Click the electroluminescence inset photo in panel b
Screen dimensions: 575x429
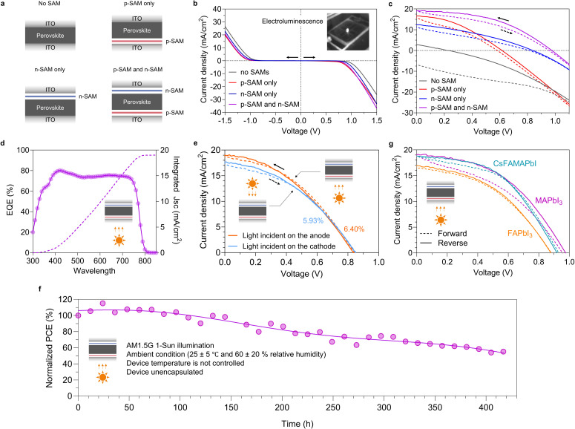348,32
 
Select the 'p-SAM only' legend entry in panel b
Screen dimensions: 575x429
252,83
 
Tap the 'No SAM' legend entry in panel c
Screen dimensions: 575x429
438,81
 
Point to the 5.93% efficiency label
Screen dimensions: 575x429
313,220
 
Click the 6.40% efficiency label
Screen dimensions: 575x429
354,229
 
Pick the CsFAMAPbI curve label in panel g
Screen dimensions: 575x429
514,163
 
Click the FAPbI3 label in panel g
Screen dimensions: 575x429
519,233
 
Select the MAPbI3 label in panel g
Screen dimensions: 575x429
548,200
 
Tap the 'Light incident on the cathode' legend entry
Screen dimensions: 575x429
282,246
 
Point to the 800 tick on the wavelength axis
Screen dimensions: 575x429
145,261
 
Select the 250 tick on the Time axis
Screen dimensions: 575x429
333,407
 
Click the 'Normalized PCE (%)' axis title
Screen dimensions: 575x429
50,347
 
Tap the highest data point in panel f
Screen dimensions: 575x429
102,304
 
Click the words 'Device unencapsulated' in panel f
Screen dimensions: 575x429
165,372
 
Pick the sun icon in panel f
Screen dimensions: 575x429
102,377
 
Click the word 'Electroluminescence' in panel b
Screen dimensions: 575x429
292,22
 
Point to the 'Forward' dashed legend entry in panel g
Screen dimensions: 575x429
444,233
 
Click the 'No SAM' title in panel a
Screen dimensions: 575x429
50,3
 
